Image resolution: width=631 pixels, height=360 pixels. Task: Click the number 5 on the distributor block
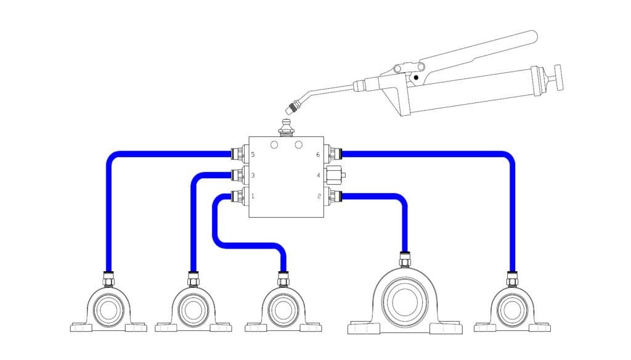pos(253,155)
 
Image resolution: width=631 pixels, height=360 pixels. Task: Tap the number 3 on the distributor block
pos(253,176)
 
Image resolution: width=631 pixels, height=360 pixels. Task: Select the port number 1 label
pos(253,197)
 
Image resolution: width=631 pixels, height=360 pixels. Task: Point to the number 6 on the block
pos(318,155)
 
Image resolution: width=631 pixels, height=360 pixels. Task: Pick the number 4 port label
pos(318,176)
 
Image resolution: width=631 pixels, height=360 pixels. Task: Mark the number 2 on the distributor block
pos(318,197)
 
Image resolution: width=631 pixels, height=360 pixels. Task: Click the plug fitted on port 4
pos(336,175)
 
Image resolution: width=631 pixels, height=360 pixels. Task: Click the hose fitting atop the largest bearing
pos(405,261)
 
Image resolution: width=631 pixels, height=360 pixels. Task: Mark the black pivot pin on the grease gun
pos(417,78)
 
